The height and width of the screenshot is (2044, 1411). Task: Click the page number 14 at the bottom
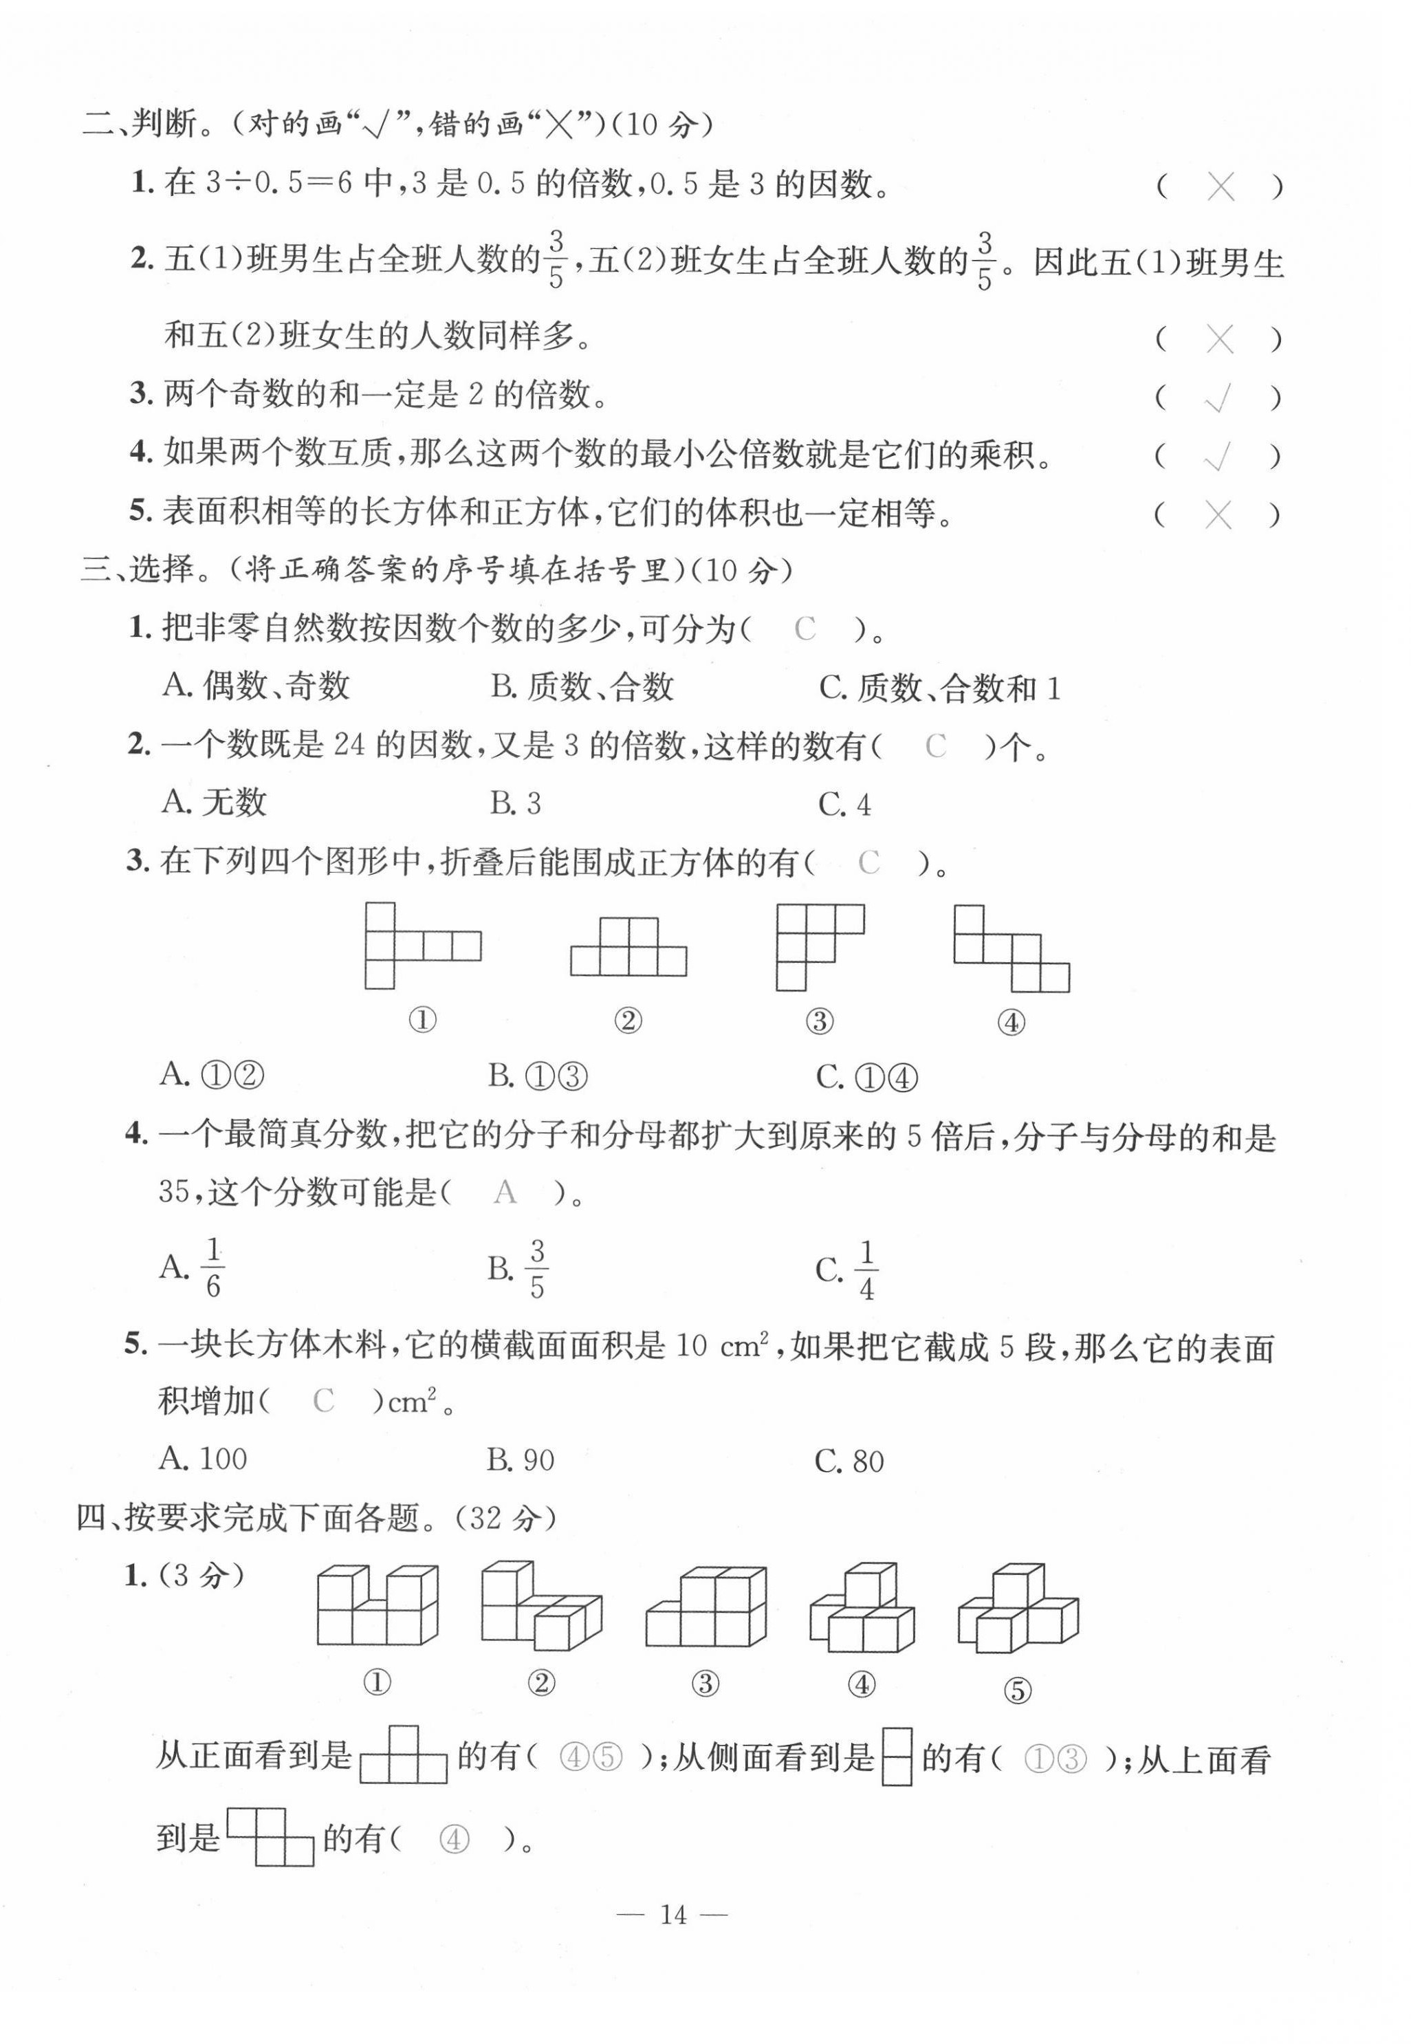click(x=672, y=1914)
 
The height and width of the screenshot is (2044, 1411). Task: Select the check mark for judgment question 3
click(x=1218, y=399)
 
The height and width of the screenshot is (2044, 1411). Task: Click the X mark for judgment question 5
click(x=1218, y=515)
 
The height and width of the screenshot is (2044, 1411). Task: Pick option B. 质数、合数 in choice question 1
click(x=582, y=686)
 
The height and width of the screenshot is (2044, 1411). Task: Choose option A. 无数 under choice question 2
click(x=214, y=802)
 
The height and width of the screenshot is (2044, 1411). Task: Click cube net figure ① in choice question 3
click(x=423, y=946)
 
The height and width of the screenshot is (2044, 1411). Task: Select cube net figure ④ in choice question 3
click(x=1011, y=948)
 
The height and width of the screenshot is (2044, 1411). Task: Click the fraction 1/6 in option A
click(x=212, y=1268)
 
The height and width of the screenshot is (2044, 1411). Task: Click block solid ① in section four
click(x=378, y=1605)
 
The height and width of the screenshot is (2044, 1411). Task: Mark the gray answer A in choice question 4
click(x=505, y=1192)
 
